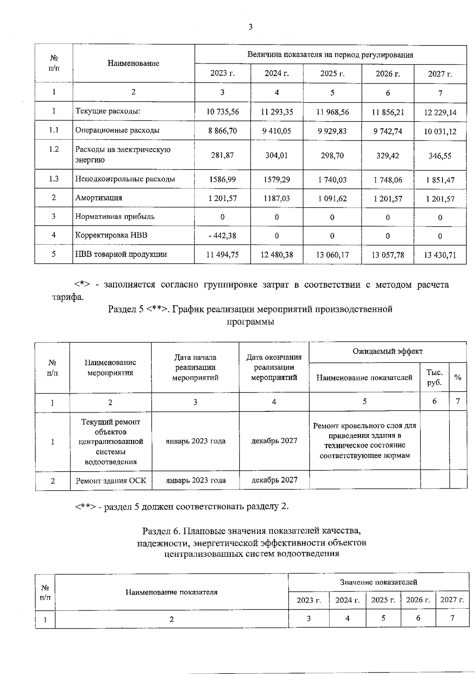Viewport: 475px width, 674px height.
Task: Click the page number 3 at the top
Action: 250,27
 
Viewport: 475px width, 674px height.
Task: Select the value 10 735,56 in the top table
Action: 222,112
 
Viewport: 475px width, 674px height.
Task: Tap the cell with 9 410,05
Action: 277,131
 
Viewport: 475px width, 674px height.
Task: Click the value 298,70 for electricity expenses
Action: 332,155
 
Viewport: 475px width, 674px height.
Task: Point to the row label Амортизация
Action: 99,198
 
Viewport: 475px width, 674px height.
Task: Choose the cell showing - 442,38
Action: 222,236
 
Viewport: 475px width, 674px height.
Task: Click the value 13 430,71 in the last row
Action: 440,255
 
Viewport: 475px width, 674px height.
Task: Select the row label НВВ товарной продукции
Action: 121,254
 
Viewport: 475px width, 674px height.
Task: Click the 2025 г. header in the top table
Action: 332,74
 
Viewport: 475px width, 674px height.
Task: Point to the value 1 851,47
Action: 440,180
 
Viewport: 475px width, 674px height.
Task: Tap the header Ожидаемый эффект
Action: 387,351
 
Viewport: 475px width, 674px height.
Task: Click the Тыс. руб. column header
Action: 434,377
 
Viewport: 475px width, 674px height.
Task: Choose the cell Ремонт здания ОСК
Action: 111,481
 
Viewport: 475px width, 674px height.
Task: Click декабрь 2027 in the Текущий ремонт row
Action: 274,441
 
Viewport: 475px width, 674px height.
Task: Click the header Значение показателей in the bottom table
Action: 378,582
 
